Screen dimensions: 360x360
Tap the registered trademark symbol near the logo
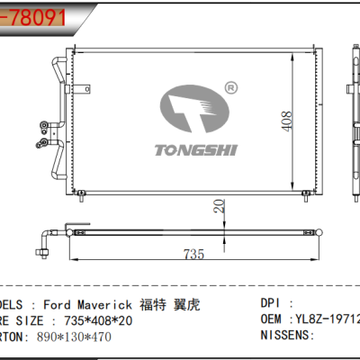(231, 88)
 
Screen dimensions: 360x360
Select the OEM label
(274, 320)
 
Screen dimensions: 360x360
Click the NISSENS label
(286, 336)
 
